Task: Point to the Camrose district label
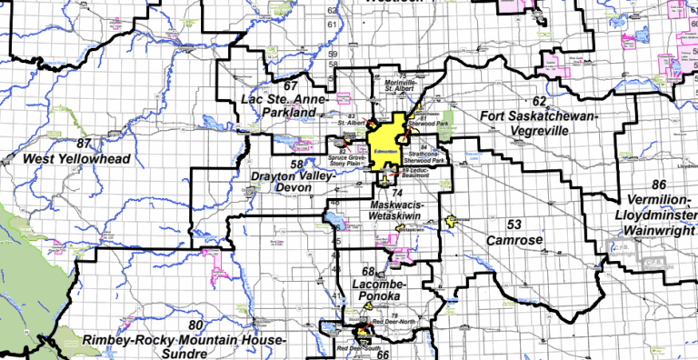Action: click(x=514, y=241)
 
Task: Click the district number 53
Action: click(x=514, y=225)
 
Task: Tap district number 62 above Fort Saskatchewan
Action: click(x=539, y=101)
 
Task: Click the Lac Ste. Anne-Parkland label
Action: click(x=278, y=105)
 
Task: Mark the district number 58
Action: click(x=296, y=165)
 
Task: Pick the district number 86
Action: click(x=656, y=185)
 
